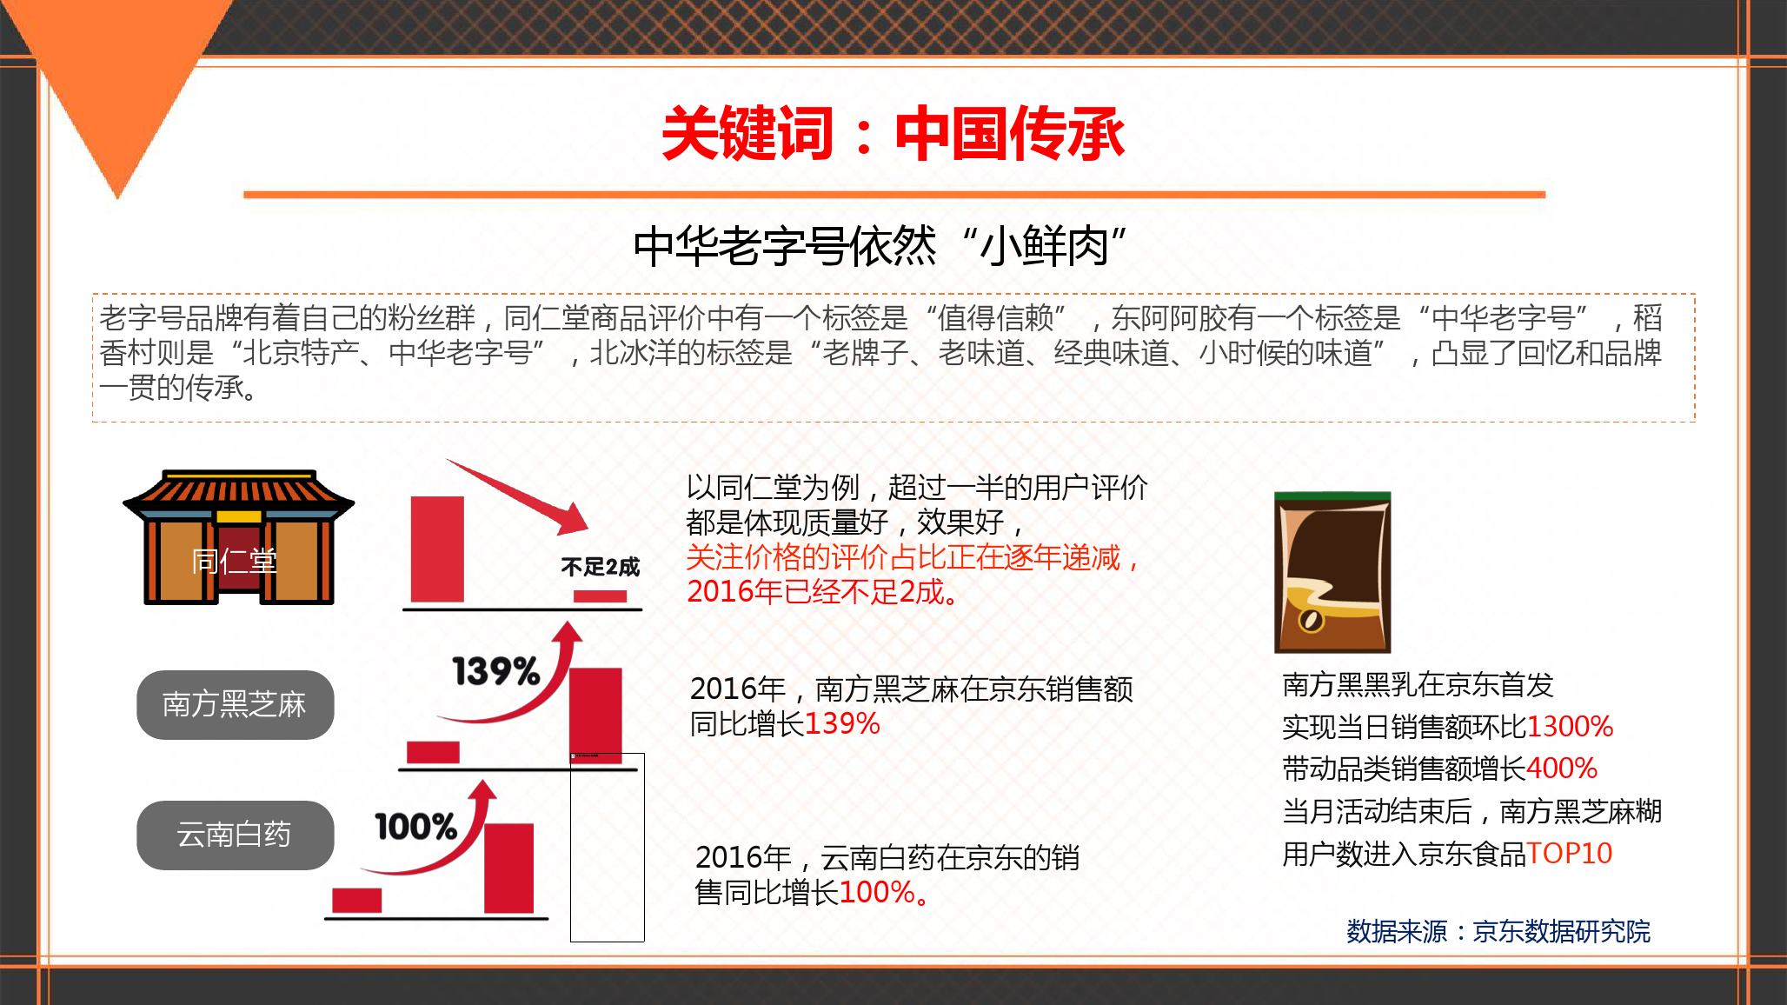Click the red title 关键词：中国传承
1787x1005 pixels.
tap(893, 134)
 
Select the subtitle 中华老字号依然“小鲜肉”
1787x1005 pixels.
tap(880, 246)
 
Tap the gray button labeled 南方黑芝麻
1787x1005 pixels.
tap(235, 704)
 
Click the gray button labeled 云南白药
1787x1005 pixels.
tap(235, 835)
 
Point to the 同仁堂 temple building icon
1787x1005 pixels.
tap(238, 537)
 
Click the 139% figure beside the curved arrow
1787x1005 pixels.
tap(496, 671)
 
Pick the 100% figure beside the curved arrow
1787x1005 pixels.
tap(415, 826)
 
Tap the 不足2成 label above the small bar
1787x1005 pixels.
tap(600, 568)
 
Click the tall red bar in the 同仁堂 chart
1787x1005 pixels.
tap(437, 549)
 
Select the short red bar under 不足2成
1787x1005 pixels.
tap(600, 596)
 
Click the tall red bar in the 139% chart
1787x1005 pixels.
tap(595, 715)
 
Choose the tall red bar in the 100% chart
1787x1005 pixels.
tap(508, 868)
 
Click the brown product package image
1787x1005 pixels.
tap(1332, 572)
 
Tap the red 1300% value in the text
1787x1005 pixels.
tap(1570, 727)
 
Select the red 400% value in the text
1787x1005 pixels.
tap(1562, 769)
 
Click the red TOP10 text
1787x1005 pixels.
tap(1570, 854)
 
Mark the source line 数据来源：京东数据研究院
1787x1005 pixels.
tap(1498, 931)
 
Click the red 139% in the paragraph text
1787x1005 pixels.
tap(842, 723)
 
